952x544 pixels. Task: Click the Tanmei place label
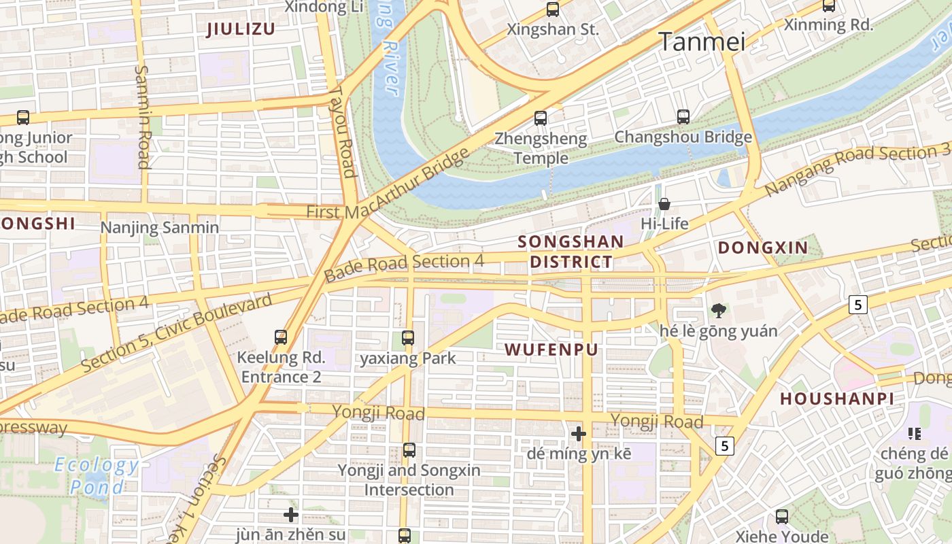pos(702,42)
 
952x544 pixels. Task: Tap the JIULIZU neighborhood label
pos(241,29)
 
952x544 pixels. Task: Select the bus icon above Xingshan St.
pos(553,10)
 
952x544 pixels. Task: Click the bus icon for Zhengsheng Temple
pos(541,118)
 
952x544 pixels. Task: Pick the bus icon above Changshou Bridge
pos(683,117)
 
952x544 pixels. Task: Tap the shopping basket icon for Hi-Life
pos(664,204)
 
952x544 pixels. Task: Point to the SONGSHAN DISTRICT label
pos(571,252)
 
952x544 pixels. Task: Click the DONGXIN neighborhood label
pos(763,248)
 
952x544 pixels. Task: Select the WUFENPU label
pos(551,350)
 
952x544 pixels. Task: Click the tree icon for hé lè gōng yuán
pos(718,311)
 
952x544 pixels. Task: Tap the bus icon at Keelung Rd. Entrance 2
pos(281,337)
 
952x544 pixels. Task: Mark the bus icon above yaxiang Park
pos(408,338)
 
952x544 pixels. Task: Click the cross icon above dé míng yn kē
pos(579,433)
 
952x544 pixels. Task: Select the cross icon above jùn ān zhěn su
pos(291,515)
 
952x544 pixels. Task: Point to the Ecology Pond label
pos(97,476)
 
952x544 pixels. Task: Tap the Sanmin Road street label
pos(143,116)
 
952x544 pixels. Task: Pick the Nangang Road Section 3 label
pos(857,168)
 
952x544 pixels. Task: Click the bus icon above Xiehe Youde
pos(782,517)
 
